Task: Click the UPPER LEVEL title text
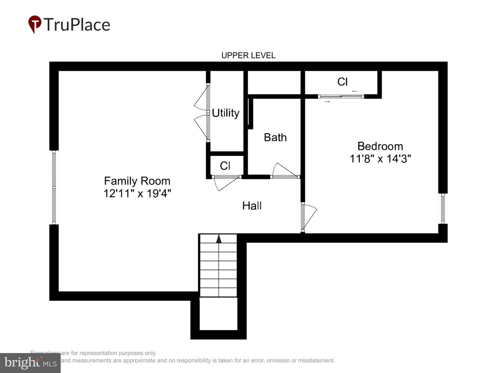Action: (248, 55)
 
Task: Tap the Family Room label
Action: (137, 181)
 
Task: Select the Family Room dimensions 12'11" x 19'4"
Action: (137, 193)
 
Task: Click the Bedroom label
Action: (380, 146)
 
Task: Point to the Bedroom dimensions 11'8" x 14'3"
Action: (380, 159)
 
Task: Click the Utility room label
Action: (225, 113)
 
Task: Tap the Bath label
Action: (275, 137)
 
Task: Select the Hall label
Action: (252, 205)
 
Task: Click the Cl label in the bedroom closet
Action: (342, 82)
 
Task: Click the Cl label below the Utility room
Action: (225, 166)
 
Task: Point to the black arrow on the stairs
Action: (218, 239)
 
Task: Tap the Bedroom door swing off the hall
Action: (309, 216)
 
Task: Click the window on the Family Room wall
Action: (54, 187)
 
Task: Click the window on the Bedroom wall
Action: (443, 208)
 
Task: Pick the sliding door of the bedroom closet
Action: (341, 96)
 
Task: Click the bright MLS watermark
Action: (30, 363)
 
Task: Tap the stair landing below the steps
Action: (218, 314)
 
